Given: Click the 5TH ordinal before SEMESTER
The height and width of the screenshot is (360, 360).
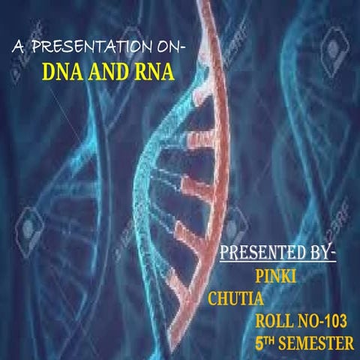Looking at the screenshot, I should pos(263,343).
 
